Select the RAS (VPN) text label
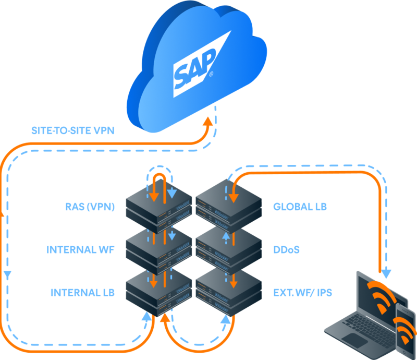coord(89,207)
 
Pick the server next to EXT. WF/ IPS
coord(228,292)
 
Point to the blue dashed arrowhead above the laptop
coord(386,273)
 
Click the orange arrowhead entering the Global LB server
coord(234,197)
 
